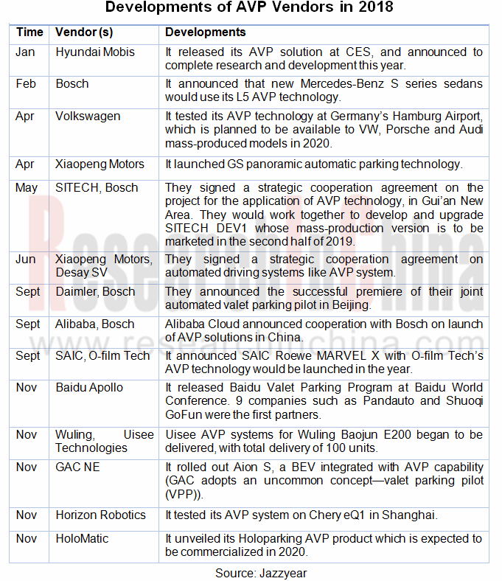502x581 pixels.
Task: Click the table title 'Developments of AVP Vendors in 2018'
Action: pyautogui.click(x=250, y=8)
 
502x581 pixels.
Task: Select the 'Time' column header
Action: pyautogui.click(x=29, y=32)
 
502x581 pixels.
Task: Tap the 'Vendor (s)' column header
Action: pyautogui.click(x=84, y=32)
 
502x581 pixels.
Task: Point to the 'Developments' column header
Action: pyautogui.click(x=205, y=32)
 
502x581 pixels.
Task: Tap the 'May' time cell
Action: pyautogui.click(x=27, y=188)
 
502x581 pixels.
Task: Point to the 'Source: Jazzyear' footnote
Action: pyautogui.click(x=250, y=572)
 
